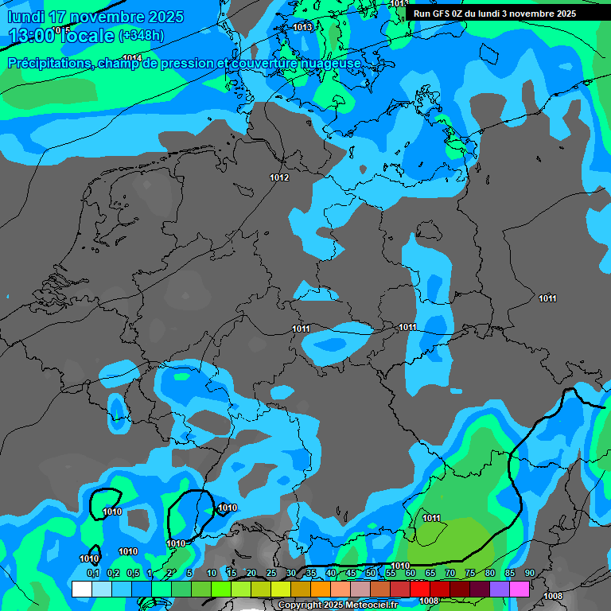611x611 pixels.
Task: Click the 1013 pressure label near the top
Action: tap(302, 27)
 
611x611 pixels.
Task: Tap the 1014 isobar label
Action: tap(132, 58)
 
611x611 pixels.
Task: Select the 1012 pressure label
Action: tap(279, 177)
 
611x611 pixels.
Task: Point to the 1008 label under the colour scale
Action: tap(429, 601)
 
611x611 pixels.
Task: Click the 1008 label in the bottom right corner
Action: tap(553, 596)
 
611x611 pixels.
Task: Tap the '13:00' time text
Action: tap(31, 36)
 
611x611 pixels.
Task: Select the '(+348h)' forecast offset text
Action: tap(141, 36)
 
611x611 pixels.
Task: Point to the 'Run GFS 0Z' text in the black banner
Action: tap(441, 14)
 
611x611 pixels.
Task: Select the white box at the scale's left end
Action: tap(81, 589)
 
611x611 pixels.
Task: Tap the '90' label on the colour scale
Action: tap(529, 573)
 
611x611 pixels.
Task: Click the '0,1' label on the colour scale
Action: tap(93, 573)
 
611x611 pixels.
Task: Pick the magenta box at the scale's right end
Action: tap(519, 589)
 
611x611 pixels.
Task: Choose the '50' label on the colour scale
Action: tap(371, 573)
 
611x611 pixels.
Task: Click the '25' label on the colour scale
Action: tap(271, 573)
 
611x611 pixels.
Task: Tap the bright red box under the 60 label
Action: tap(419, 589)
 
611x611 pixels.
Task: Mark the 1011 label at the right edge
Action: tap(547, 298)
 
